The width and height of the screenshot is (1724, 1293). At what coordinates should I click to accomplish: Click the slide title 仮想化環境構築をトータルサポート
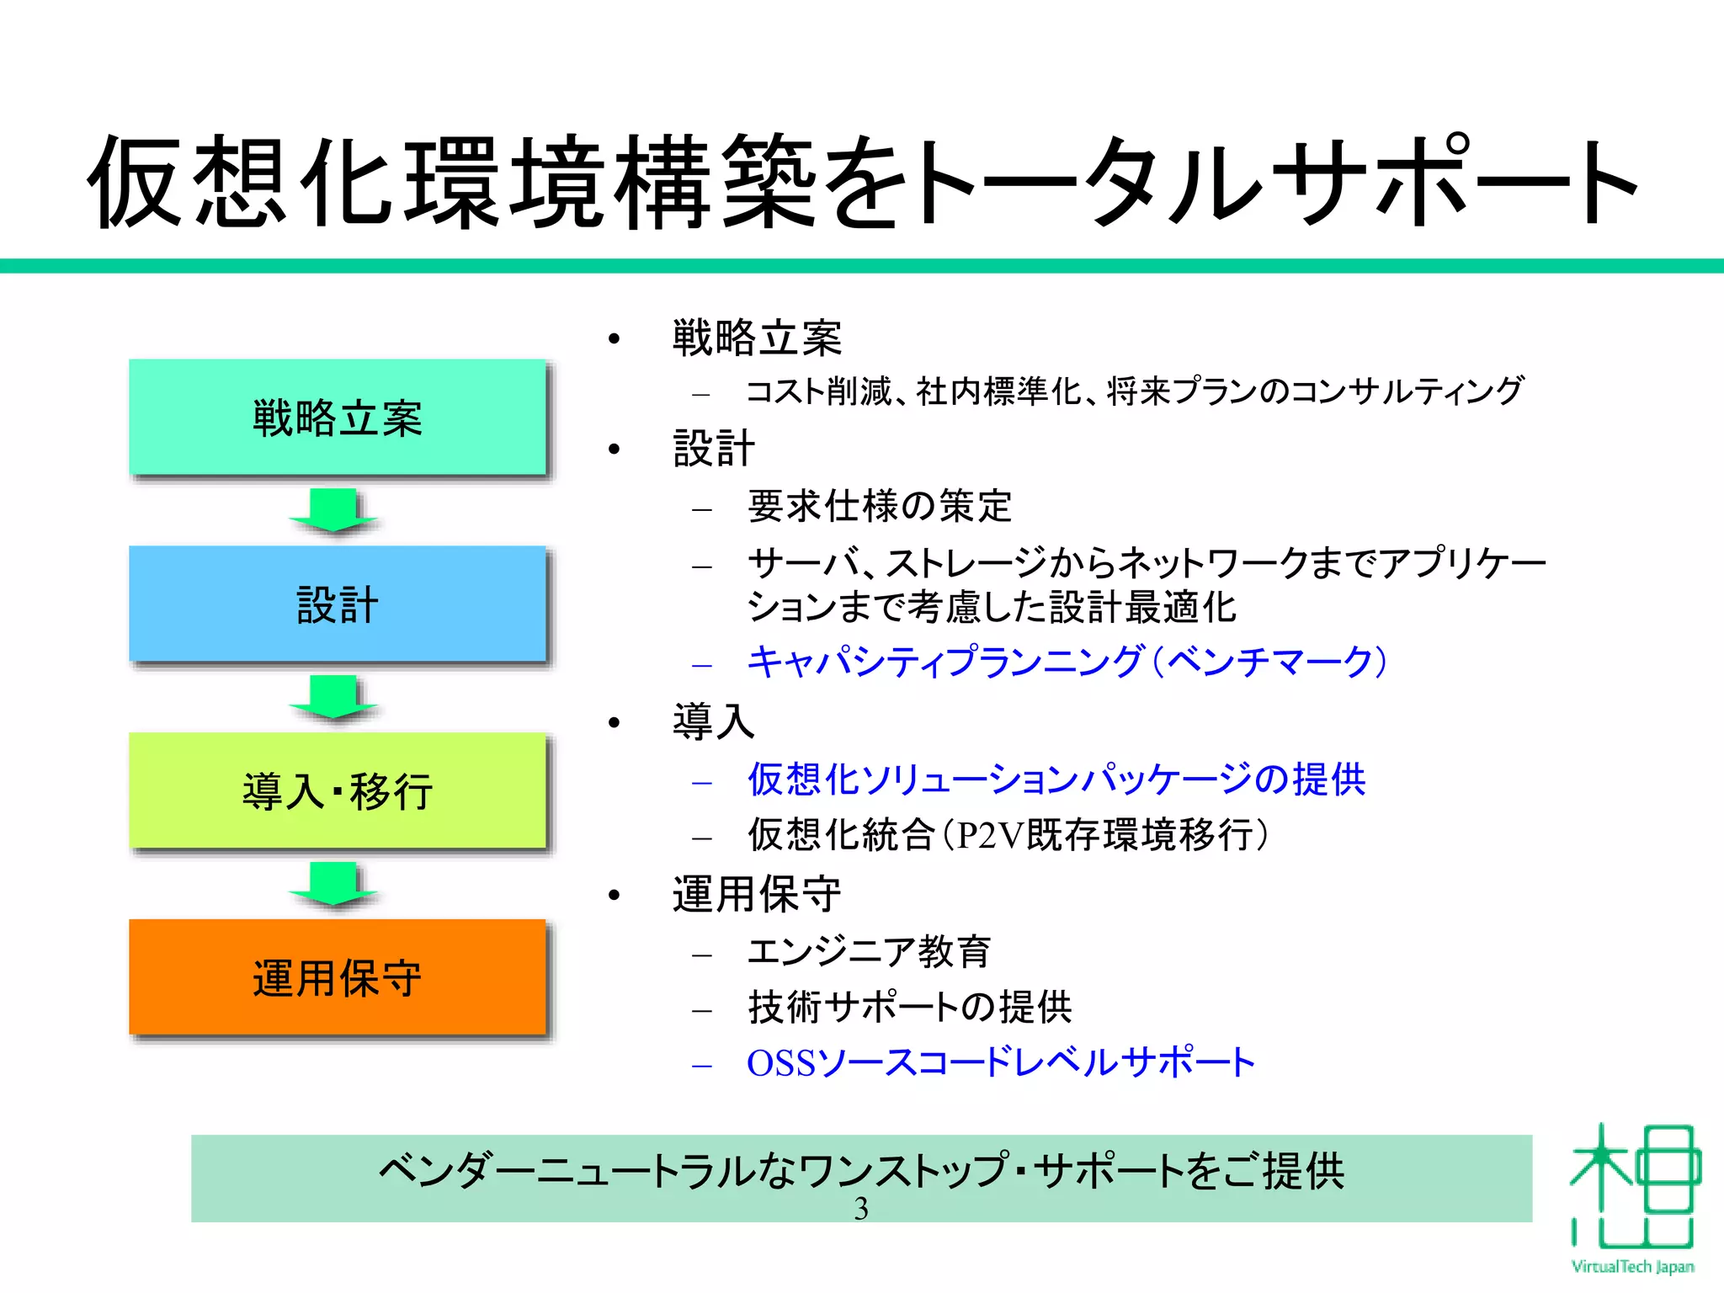pyautogui.click(x=862, y=181)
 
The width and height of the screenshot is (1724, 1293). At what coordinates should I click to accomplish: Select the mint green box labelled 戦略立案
pyautogui.click(x=338, y=418)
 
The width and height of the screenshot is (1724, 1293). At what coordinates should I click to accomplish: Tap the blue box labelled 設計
pyautogui.click(x=338, y=604)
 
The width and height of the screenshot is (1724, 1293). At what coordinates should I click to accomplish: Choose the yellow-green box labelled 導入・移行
pyautogui.click(x=338, y=791)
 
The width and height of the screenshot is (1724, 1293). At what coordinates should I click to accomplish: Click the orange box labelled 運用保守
pyautogui.click(x=338, y=977)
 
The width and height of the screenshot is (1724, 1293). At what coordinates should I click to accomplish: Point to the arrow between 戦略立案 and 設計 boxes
pyautogui.click(x=333, y=510)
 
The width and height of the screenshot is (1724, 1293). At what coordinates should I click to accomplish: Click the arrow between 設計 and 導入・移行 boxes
pyautogui.click(x=333, y=697)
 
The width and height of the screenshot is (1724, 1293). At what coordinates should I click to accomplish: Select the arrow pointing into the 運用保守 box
pyautogui.click(x=333, y=884)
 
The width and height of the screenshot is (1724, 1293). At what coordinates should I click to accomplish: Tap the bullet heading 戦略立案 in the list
pyautogui.click(x=757, y=338)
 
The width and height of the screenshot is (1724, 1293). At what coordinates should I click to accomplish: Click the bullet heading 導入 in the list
pyautogui.click(x=713, y=721)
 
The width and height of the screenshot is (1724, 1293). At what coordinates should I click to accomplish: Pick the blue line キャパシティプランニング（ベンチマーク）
pyautogui.click(x=1067, y=662)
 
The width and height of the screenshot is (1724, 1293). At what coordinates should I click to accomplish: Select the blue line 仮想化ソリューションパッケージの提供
pyautogui.click(x=1056, y=780)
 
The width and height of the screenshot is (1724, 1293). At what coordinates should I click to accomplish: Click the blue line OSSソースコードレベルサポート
pyautogui.click(x=1001, y=1063)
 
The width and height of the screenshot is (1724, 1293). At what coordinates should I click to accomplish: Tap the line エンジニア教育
pyautogui.click(x=869, y=951)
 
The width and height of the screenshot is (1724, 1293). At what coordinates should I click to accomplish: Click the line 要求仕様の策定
pyautogui.click(x=880, y=506)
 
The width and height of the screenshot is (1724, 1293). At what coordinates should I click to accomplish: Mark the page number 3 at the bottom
pyautogui.click(x=861, y=1209)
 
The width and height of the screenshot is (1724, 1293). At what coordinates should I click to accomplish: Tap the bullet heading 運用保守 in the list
pyautogui.click(x=757, y=894)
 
